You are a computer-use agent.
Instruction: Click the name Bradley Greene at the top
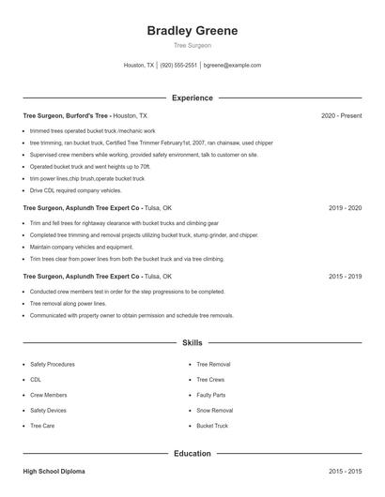pyautogui.click(x=192, y=31)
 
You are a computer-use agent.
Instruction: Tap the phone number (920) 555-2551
pyautogui.click(x=178, y=66)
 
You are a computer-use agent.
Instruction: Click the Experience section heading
pyautogui.click(x=192, y=98)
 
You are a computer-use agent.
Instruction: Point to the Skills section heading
pyautogui.click(x=192, y=343)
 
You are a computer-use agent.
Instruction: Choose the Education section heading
pyautogui.click(x=192, y=454)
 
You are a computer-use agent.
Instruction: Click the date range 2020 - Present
pyautogui.click(x=341, y=115)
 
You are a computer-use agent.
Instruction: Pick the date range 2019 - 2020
pyautogui.click(x=346, y=207)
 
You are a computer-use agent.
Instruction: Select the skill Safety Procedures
pyautogui.click(x=53, y=364)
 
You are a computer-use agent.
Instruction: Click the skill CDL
pyautogui.click(x=36, y=380)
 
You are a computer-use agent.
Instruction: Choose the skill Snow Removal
pyautogui.click(x=214, y=411)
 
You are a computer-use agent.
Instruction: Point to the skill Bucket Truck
pyautogui.click(x=212, y=426)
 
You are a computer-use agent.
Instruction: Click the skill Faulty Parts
pyautogui.click(x=210, y=395)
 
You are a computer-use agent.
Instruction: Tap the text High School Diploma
pyautogui.click(x=55, y=471)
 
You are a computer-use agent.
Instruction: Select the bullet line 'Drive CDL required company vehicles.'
pyautogui.click(x=75, y=189)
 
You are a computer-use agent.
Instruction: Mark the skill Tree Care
pyautogui.click(x=42, y=426)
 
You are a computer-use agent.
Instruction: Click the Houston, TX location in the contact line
pyautogui.click(x=138, y=66)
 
